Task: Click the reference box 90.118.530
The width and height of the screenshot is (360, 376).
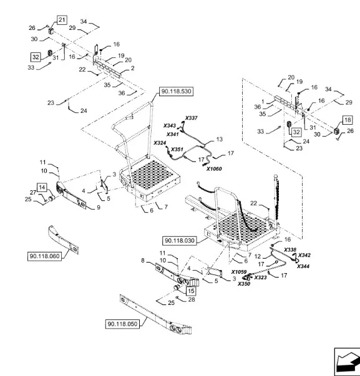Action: pyautogui.click(x=176, y=92)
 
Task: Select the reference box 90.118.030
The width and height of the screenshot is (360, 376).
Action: pyautogui.click(x=180, y=241)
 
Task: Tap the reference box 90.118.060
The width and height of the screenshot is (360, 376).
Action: pyautogui.click(x=44, y=256)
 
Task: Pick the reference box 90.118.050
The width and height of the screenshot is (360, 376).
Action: pyautogui.click(x=122, y=324)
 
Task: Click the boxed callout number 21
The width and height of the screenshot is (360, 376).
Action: pyautogui.click(x=62, y=20)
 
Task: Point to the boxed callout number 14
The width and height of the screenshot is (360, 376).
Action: pyautogui.click(x=42, y=187)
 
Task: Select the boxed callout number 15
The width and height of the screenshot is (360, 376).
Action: pyautogui.click(x=191, y=291)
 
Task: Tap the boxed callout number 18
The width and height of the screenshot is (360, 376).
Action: pyautogui.click(x=348, y=120)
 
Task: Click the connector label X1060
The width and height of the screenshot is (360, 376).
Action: pyautogui.click(x=214, y=169)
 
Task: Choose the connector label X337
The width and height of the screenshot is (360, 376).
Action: pyautogui.click(x=191, y=118)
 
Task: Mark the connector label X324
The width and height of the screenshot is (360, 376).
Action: pyautogui.click(x=160, y=143)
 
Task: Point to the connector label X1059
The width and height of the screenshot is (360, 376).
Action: pyautogui.click(x=239, y=272)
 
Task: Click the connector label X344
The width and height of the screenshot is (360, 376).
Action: pyautogui.click(x=303, y=266)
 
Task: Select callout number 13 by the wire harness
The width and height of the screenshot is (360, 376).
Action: pyautogui.click(x=220, y=139)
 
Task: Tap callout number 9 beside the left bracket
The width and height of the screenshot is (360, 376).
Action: pyautogui.click(x=99, y=208)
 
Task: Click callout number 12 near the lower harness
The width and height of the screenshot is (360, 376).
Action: pyautogui.click(x=258, y=256)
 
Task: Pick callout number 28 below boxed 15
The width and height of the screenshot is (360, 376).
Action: pyautogui.click(x=192, y=299)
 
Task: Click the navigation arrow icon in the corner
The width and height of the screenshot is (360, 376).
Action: pyautogui.click(x=348, y=362)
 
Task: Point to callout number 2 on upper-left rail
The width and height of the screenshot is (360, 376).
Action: pyautogui.click(x=132, y=69)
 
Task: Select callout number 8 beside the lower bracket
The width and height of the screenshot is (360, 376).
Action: pyautogui.click(x=143, y=261)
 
